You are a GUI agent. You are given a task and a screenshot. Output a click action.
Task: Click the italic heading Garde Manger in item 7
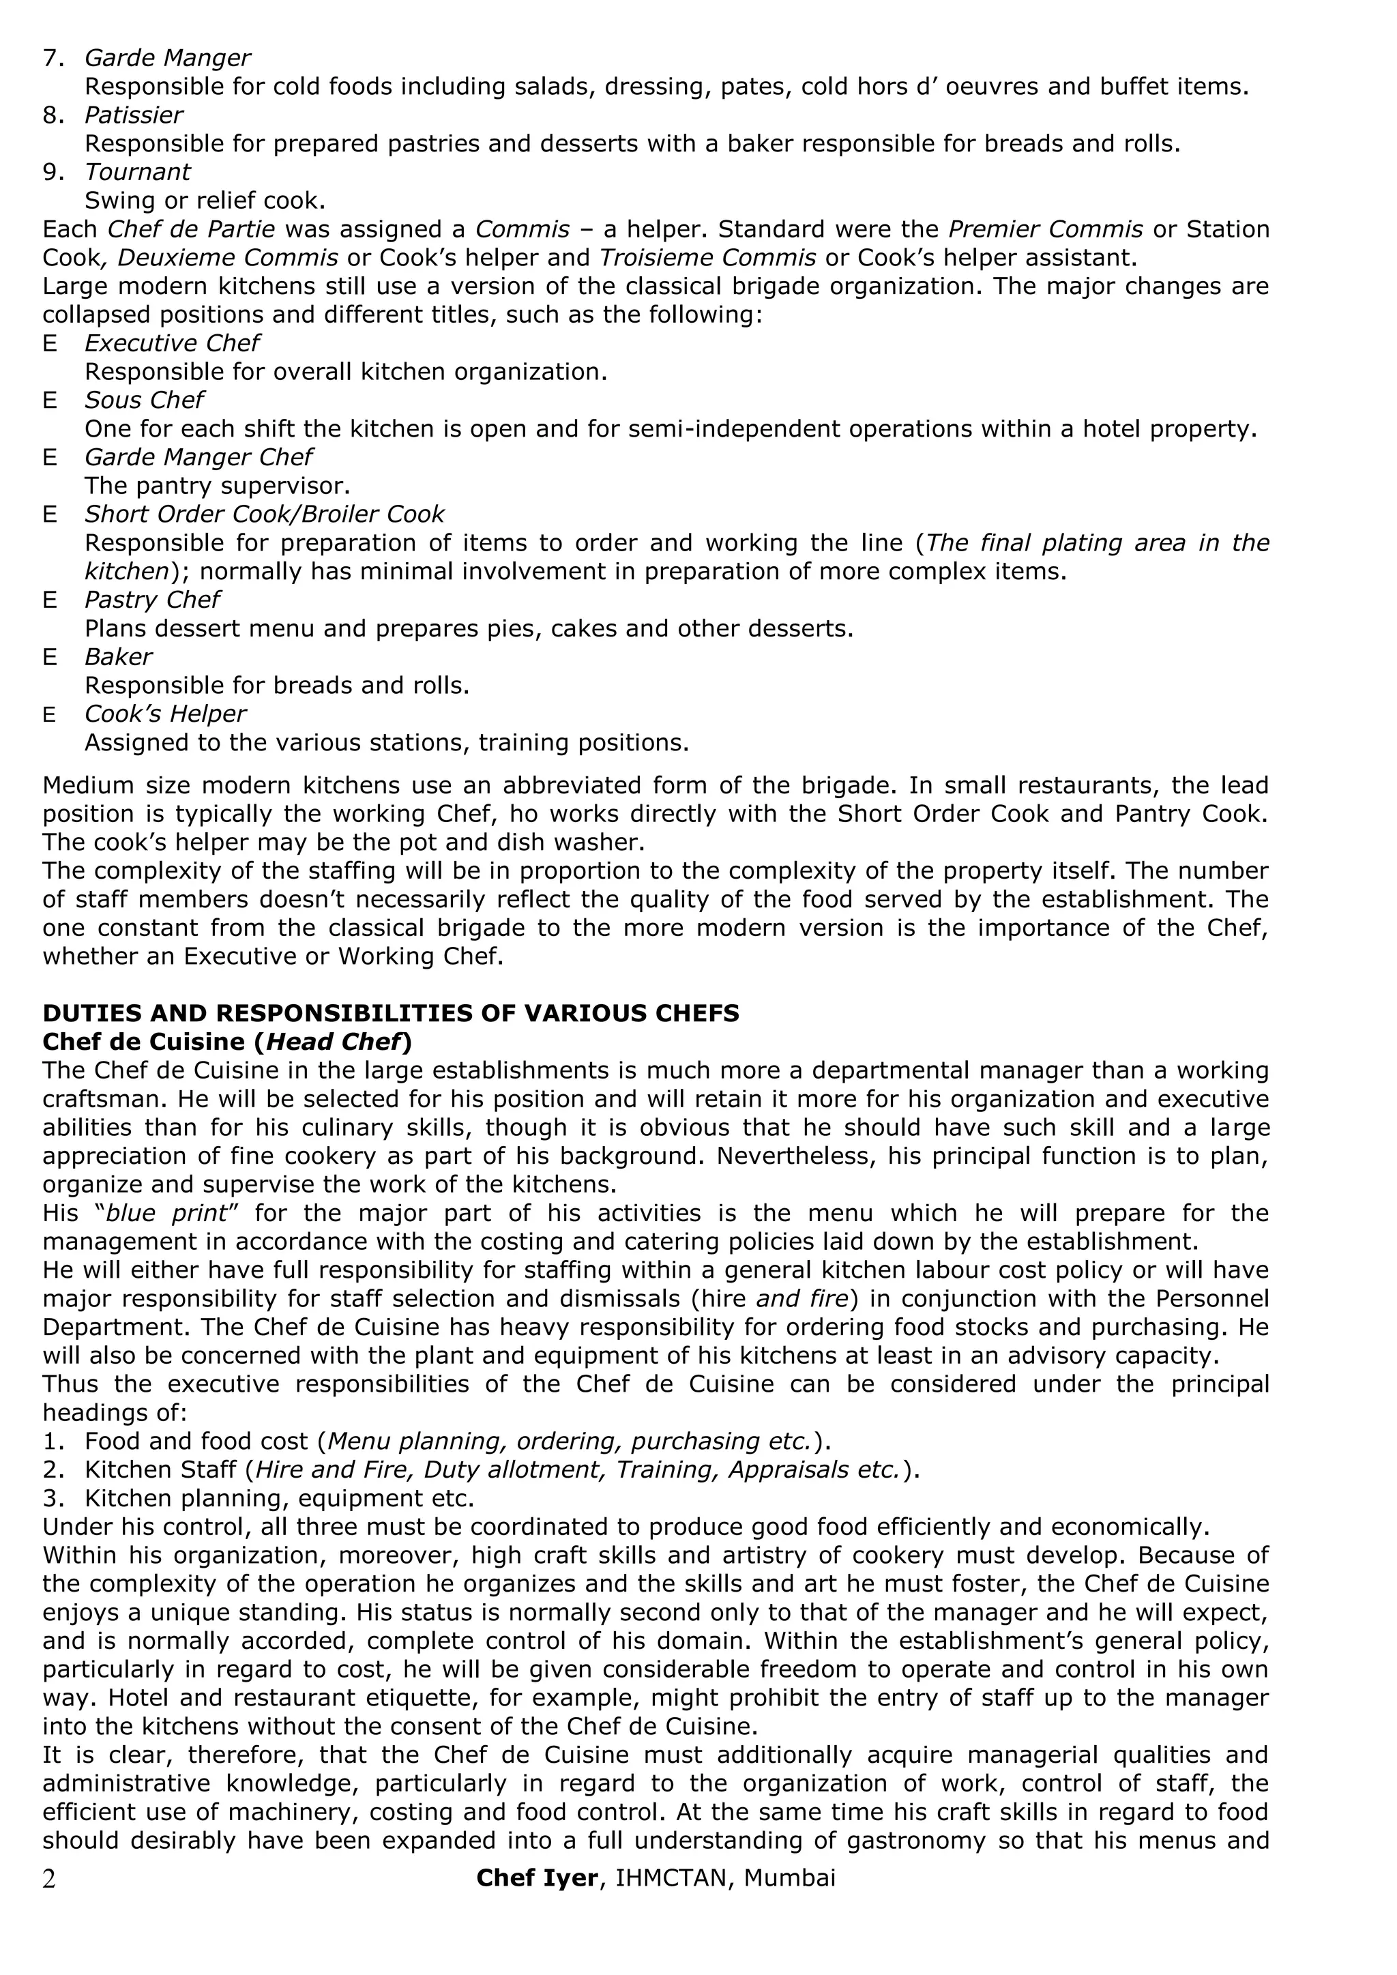click(x=167, y=57)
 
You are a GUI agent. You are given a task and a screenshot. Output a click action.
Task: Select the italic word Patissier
click(x=133, y=115)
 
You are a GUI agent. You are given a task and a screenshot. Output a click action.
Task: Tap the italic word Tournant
click(x=137, y=172)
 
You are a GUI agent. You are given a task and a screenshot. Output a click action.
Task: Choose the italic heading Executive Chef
click(x=171, y=343)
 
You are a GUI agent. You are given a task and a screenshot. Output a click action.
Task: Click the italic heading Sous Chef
click(x=144, y=400)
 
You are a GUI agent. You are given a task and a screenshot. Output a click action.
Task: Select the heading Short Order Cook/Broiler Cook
click(x=264, y=514)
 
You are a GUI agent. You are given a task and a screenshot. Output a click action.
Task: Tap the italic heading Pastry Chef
click(x=151, y=600)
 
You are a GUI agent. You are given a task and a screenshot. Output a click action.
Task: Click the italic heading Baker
click(x=118, y=657)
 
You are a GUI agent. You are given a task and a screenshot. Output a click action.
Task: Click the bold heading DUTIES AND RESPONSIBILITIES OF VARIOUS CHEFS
click(x=391, y=1013)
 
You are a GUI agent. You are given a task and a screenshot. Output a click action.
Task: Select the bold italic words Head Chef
click(x=334, y=1042)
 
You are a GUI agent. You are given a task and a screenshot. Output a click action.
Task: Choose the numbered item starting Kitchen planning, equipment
click(x=279, y=1498)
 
